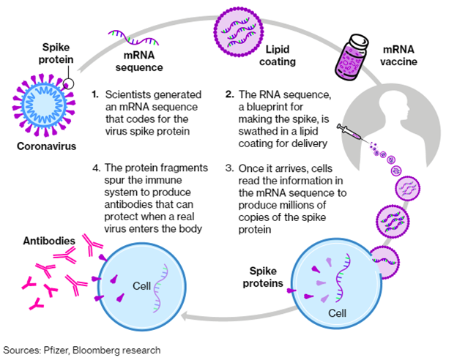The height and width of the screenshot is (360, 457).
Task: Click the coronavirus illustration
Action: pyautogui.click(x=44, y=105)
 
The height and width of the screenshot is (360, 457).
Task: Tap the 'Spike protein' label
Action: pyautogui.click(x=56, y=53)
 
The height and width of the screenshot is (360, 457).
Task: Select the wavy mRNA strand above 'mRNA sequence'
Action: pyautogui.click(x=133, y=38)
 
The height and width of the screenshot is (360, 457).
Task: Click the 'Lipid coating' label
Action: pyautogui.click(x=278, y=56)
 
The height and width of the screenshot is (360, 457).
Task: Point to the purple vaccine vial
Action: pyautogui.click(x=352, y=57)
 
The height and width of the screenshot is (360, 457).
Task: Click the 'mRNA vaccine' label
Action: pyautogui.click(x=398, y=56)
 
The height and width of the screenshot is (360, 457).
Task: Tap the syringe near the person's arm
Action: pyautogui.click(x=349, y=132)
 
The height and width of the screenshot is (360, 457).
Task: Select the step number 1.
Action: pyautogui.click(x=95, y=94)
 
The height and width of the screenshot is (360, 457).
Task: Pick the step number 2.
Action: pyautogui.click(x=230, y=94)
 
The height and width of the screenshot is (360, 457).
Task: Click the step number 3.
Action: pyautogui.click(x=229, y=168)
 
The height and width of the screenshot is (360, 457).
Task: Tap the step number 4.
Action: pyautogui.click(x=97, y=168)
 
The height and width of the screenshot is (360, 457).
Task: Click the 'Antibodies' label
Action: pyautogui.click(x=49, y=241)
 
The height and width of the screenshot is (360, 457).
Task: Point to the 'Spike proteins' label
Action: pyautogui.click(x=263, y=277)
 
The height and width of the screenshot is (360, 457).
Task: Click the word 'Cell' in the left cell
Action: pyautogui.click(x=141, y=286)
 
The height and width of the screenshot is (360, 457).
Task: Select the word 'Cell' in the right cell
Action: pyautogui.click(x=337, y=313)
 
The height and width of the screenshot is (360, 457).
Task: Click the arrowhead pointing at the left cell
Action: pyautogui.click(x=185, y=317)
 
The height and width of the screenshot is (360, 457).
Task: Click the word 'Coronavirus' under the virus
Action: pyautogui.click(x=46, y=146)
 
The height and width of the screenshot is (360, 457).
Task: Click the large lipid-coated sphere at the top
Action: pyautogui.click(x=239, y=32)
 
